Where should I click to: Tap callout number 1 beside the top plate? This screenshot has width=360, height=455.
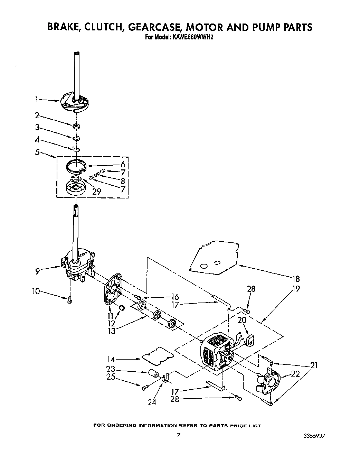[x=37, y=100]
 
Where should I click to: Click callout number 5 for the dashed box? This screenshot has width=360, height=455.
[x=37, y=151]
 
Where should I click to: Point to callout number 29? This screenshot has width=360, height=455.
[x=97, y=191]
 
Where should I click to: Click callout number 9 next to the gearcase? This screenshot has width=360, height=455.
[x=37, y=271]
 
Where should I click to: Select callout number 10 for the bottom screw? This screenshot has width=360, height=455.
[x=36, y=292]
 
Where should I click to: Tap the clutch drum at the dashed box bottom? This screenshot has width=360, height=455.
[x=76, y=188]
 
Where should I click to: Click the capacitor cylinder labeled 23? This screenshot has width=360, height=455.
[x=153, y=374]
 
